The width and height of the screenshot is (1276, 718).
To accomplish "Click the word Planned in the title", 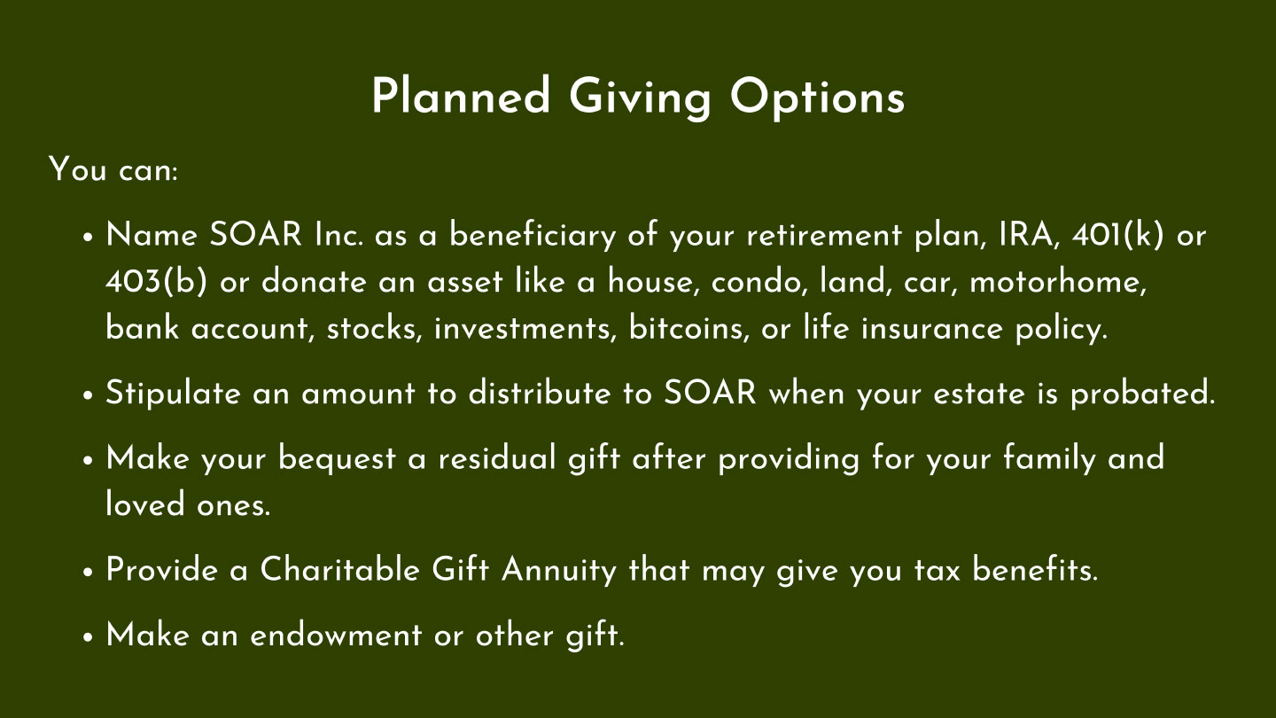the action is point(462,96).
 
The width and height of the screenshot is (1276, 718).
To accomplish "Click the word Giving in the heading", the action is point(641,98).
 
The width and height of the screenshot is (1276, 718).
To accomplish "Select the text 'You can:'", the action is point(113,169).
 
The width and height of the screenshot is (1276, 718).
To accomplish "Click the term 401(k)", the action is point(1117,235).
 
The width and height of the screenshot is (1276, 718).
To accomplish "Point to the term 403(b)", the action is point(156,282).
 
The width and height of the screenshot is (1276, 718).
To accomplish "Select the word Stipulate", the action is point(173,394).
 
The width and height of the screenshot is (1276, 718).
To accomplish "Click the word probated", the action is point(1143,394).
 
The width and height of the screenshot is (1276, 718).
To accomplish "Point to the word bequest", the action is point(337,459).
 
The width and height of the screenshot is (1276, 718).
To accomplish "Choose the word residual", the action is point(497,458).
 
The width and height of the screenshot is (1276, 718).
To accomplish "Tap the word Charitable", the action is point(339,569).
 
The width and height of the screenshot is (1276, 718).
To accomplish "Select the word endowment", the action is point(336,635).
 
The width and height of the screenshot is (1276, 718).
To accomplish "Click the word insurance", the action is point(931,329).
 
